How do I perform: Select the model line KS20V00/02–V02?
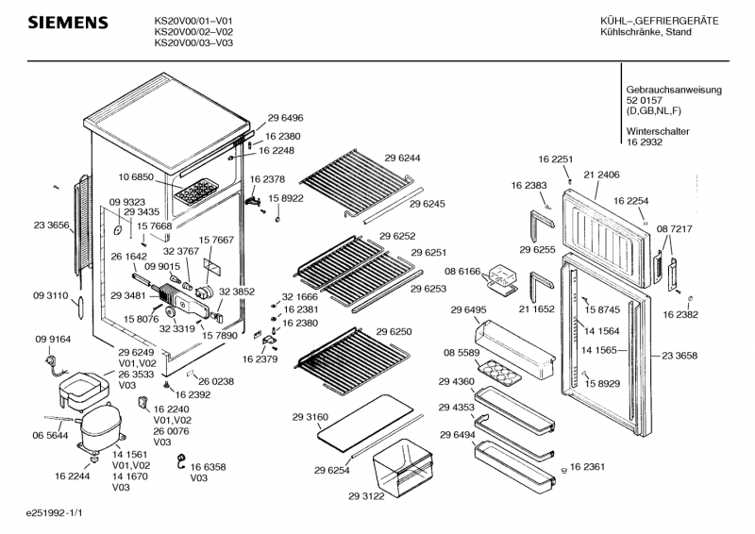tap(193, 31)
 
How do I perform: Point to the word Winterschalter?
tap(657, 131)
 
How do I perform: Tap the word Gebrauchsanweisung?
tap(674, 90)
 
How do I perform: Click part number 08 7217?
tap(675, 229)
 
